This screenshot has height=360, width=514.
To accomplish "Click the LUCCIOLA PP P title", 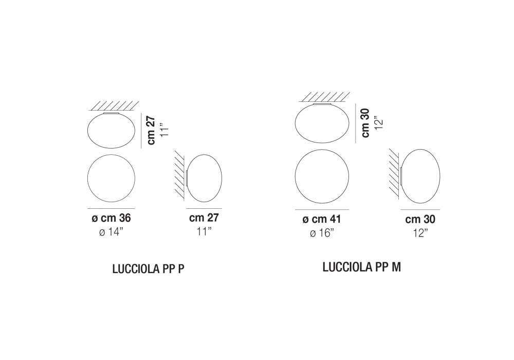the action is (x=148, y=269).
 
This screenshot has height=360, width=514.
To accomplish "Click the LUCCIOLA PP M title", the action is (x=361, y=267).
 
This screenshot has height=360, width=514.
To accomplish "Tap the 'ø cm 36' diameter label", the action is (x=111, y=218).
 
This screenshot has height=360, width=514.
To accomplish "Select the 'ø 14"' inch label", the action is (x=111, y=232).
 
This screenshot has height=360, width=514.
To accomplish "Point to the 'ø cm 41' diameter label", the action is (x=322, y=219).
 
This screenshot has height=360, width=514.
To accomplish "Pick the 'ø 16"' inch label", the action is (x=322, y=233).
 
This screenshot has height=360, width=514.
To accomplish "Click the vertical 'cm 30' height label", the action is (x=365, y=123).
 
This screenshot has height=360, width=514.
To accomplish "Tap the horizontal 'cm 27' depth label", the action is (x=204, y=218).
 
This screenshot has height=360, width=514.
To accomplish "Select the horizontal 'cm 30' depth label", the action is (x=420, y=219).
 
